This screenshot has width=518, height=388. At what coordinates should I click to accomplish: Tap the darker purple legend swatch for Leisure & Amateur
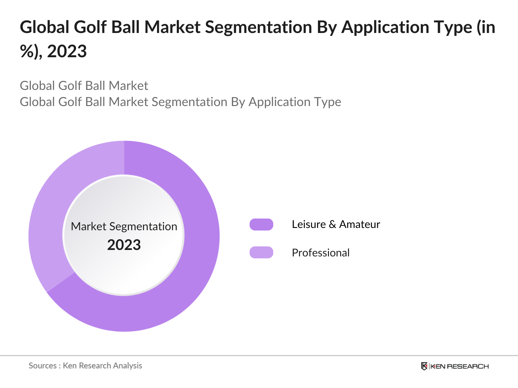tap(261, 224)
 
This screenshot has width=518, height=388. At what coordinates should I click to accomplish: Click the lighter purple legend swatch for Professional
tap(261, 252)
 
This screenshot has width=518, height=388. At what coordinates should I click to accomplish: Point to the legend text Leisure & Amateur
tap(336, 224)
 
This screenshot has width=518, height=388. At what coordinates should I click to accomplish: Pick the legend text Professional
tap(321, 253)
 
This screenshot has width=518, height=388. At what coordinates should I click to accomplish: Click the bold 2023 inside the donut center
tap(124, 245)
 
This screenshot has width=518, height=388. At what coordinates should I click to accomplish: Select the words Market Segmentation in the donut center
tap(124, 226)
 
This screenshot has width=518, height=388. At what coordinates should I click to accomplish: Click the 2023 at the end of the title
tap(67, 51)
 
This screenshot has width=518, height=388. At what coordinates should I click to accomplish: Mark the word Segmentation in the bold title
tap(258, 27)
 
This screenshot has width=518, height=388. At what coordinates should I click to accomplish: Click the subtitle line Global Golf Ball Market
tap(84, 86)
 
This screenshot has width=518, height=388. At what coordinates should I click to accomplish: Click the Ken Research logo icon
tap(424, 366)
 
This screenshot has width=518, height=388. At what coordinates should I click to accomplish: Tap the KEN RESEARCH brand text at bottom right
tap(459, 366)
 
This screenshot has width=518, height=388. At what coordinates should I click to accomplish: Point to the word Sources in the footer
tap(42, 366)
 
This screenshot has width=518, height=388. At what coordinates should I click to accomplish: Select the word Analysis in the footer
tap(128, 366)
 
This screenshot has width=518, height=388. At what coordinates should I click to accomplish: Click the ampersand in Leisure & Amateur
tap(332, 224)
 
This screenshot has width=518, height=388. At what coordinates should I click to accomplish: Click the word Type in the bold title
tap(456, 27)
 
